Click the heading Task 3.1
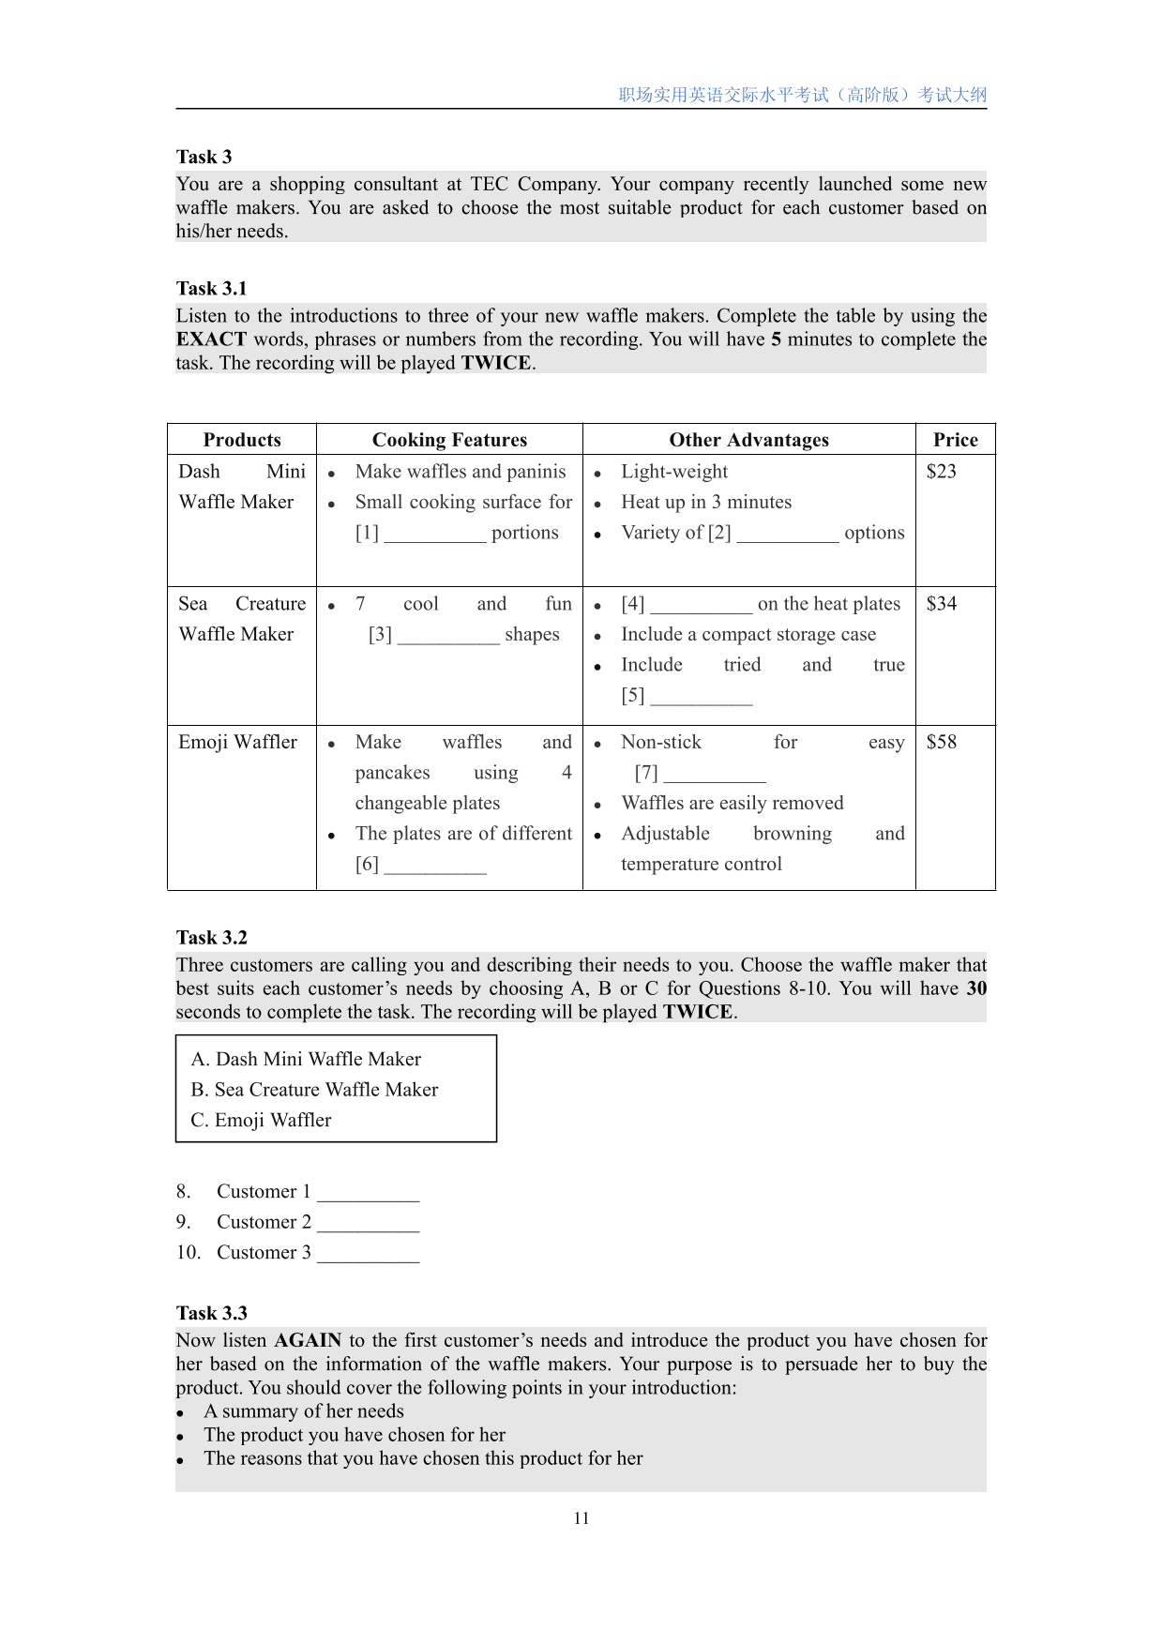211,288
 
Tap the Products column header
242,440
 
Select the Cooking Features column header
449,440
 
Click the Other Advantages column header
748,440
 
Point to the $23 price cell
942,472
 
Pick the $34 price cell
942,604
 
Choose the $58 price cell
942,742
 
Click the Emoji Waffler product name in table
237,742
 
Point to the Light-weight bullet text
674,472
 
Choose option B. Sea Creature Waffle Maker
314,1090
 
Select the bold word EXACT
211,339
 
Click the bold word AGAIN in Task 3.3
308,1340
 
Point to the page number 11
581,1518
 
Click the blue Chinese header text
802,95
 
